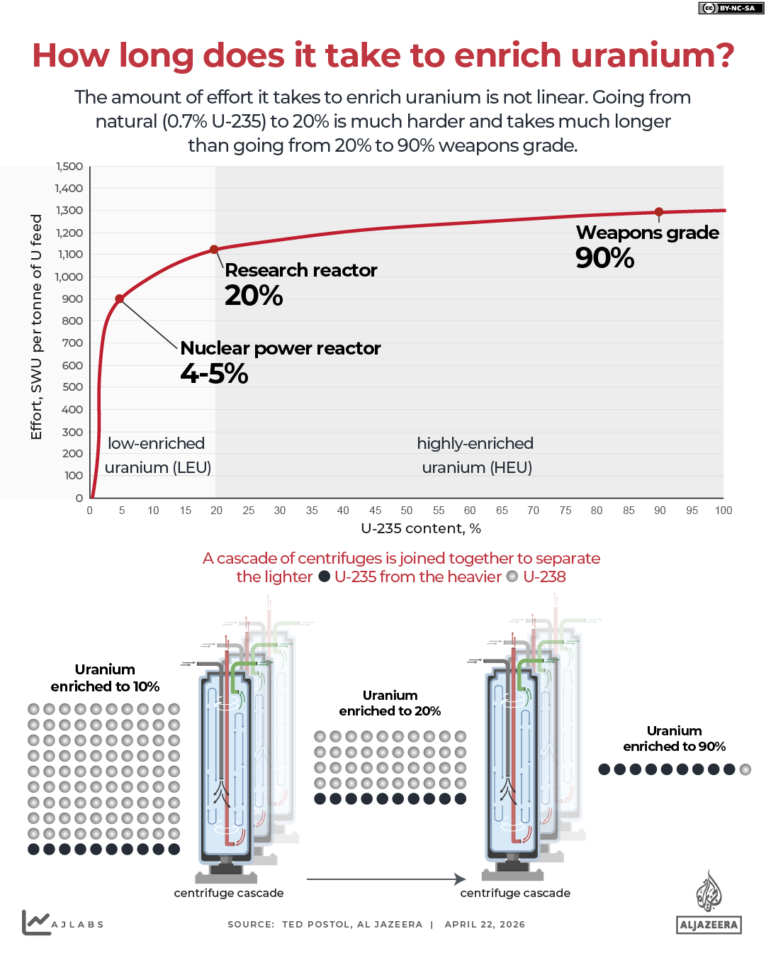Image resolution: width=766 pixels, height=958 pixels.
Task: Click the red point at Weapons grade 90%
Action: (x=659, y=212)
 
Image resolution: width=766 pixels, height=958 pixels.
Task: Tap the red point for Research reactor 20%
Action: (x=214, y=250)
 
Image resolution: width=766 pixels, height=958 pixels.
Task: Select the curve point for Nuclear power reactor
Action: (x=120, y=299)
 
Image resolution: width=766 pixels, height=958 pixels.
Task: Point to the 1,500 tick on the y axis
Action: (x=69, y=167)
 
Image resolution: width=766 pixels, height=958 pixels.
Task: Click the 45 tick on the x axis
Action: (x=375, y=511)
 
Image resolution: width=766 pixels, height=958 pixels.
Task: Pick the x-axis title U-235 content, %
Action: (x=421, y=528)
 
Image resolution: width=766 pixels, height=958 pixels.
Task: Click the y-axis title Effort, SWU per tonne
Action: (x=36, y=326)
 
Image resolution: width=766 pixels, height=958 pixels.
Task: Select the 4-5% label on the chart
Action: (x=214, y=374)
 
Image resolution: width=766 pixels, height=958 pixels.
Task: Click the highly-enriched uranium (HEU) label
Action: (x=475, y=455)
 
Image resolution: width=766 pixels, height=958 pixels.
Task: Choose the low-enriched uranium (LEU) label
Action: (x=157, y=455)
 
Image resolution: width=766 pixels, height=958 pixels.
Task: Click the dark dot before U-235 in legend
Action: (x=324, y=577)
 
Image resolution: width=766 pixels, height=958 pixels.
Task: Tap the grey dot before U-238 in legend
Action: (x=512, y=577)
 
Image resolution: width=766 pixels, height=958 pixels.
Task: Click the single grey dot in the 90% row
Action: (x=745, y=769)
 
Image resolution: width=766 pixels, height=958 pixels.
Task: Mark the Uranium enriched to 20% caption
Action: (x=390, y=703)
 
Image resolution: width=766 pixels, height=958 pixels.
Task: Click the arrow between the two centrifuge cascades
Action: (x=385, y=879)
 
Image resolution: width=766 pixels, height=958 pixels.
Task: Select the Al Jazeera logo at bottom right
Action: (x=709, y=903)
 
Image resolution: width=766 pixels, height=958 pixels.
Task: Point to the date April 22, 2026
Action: (x=485, y=925)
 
